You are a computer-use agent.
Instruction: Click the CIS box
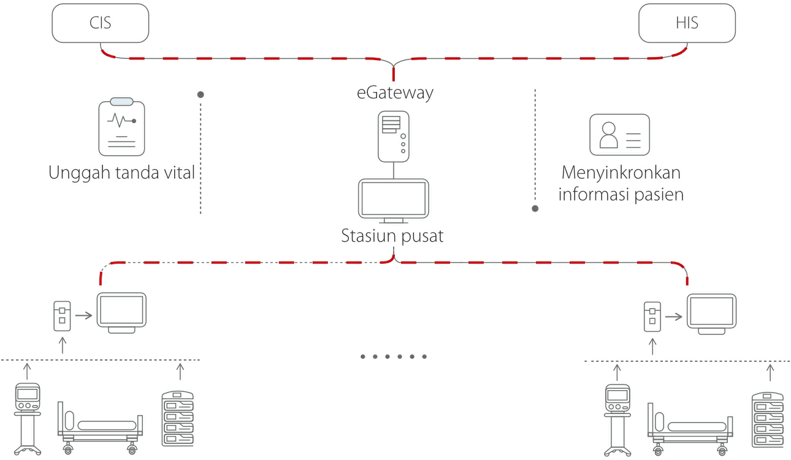click(101, 24)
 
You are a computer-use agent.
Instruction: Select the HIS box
click(687, 24)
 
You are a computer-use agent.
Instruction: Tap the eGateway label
click(395, 93)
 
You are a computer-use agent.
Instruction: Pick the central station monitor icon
click(394, 201)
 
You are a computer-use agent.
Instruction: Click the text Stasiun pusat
click(392, 236)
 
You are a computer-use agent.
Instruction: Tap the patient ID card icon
click(619, 134)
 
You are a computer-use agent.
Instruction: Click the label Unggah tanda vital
click(121, 172)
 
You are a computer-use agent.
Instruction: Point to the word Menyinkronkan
click(621, 172)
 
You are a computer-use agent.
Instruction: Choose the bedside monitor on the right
click(711, 313)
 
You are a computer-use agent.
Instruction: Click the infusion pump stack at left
click(177, 419)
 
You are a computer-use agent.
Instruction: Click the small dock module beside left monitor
click(61, 316)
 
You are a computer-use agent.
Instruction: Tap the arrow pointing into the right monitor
click(674, 317)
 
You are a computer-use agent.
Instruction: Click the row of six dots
click(393, 356)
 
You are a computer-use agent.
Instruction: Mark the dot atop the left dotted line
click(201, 94)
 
